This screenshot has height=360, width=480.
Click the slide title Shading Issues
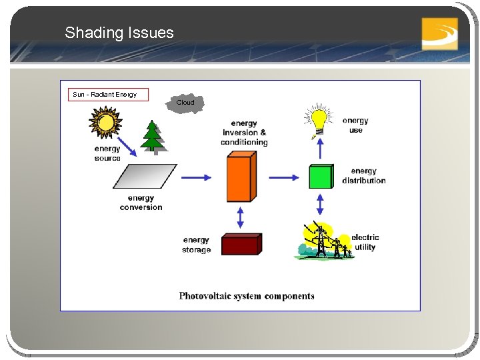(119, 33)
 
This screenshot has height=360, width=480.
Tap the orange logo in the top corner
(439, 33)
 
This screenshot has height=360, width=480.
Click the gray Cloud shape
(185, 103)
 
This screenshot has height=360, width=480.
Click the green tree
(153, 137)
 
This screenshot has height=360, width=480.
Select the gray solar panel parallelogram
(145, 177)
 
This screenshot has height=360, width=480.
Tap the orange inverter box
(241, 177)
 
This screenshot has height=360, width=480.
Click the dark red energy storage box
(241, 245)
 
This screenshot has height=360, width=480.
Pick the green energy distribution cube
(321, 177)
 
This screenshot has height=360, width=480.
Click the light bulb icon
(319, 121)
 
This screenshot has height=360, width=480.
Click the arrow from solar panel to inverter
(196, 177)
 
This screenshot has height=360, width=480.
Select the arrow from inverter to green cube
(284, 177)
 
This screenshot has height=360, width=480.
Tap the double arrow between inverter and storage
(241, 217)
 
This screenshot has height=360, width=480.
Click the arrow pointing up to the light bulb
(320, 149)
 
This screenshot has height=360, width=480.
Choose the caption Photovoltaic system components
(247, 296)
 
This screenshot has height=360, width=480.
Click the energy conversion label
(141, 203)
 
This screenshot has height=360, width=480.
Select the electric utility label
(365, 242)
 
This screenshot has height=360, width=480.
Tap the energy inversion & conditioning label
(244, 133)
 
